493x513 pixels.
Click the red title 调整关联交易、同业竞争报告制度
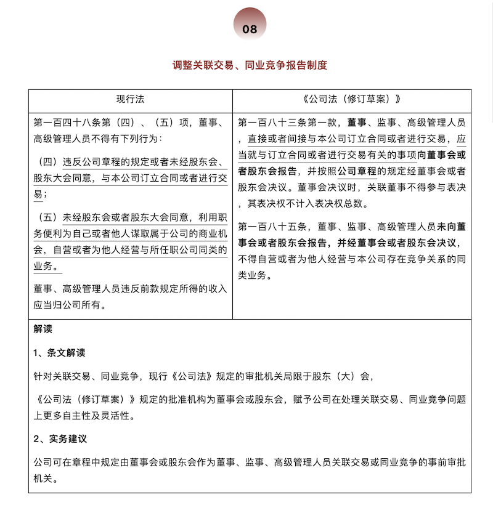250,65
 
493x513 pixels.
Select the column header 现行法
130,99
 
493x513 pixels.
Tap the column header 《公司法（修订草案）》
352,99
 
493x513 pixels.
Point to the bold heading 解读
43,329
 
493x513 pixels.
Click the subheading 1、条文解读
59,353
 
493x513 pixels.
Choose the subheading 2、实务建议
59,440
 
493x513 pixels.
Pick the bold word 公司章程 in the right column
357,170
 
